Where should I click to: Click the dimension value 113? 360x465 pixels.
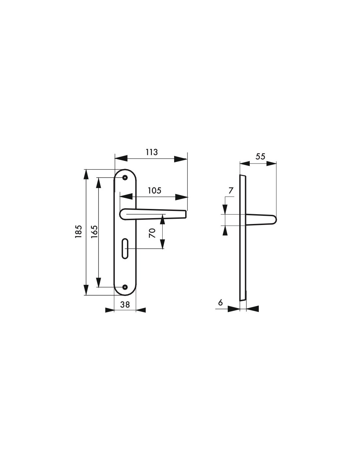[x=152, y=152]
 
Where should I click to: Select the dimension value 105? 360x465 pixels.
[x=154, y=190]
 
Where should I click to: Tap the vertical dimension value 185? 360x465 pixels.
[x=78, y=232]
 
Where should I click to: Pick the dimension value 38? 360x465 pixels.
[x=125, y=304]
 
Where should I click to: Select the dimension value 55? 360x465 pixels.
[x=260, y=156]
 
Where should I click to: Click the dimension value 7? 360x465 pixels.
[x=231, y=191]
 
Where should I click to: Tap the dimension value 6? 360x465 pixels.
[x=220, y=302]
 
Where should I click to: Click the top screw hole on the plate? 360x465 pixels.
[x=125, y=178]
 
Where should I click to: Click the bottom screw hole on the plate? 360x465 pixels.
[x=125, y=287]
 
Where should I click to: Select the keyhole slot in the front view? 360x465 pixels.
[x=125, y=249]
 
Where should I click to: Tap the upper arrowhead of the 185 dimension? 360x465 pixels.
[x=86, y=175]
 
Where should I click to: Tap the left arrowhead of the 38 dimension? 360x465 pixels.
[x=110, y=310]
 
